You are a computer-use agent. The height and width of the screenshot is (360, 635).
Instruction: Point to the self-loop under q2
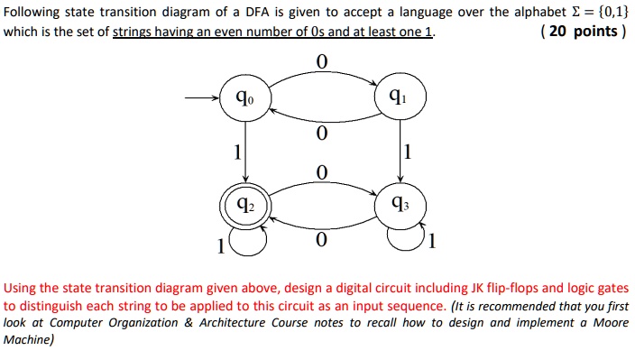click(x=249, y=239)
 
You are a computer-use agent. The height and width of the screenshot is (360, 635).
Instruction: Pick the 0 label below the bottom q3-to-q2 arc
click(x=320, y=242)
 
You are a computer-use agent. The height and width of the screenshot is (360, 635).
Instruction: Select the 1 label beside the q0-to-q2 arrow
click(x=236, y=152)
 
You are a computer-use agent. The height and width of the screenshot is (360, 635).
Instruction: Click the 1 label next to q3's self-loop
click(x=433, y=241)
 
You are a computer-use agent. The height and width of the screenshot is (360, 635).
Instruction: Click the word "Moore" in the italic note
click(x=602, y=323)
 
